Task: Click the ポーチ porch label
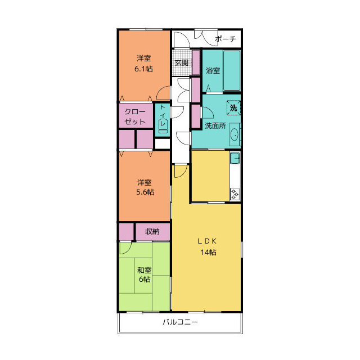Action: pyautogui.click(x=225, y=39)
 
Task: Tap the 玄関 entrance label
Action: pyautogui.click(x=182, y=62)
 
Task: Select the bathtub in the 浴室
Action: pyautogui.click(x=232, y=70)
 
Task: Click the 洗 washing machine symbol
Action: pyautogui.click(x=233, y=107)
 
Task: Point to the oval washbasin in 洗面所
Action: pyautogui.click(x=235, y=134)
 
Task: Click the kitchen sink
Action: pyautogui.click(x=235, y=158)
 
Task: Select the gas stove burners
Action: pyautogui.click(x=235, y=193)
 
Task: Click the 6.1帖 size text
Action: pyautogui.click(x=143, y=69)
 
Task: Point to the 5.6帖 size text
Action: pyautogui.click(x=145, y=192)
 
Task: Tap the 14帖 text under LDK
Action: pyautogui.click(x=208, y=253)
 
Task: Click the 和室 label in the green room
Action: pyautogui.click(x=144, y=270)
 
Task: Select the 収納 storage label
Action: pyautogui.click(x=152, y=231)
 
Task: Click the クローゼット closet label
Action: pyautogui.click(x=135, y=116)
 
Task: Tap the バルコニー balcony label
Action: pyautogui.click(x=180, y=322)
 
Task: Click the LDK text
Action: pyautogui.click(x=207, y=241)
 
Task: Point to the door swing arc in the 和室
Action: pyautogui.click(x=128, y=251)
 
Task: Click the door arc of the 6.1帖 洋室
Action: pyautogui.click(x=160, y=90)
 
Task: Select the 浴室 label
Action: pyautogui.click(x=213, y=70)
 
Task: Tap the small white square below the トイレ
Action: pyautogui.click(x=163, y=144)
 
